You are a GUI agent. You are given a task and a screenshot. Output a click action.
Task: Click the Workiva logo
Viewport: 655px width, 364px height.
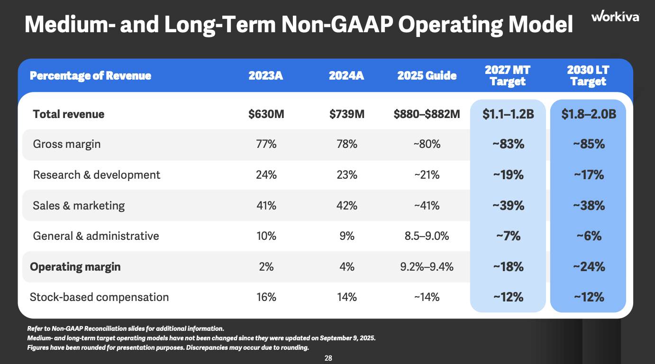tap(615, 17)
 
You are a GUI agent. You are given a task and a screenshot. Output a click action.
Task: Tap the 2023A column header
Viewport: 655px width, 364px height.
tap(266, 76)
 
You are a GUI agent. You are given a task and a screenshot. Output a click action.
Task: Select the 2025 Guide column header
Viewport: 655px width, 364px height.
tap(427, 76)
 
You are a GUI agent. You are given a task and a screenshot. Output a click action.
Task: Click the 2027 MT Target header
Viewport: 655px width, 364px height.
tap(508, 76)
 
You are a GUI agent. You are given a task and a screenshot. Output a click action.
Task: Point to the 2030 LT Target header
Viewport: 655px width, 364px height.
tap(588, 76)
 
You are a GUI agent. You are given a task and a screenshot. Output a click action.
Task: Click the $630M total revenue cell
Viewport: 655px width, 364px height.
tap(266, 114)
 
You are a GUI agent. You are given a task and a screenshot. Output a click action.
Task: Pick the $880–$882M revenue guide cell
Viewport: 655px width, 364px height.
tap(427, 114)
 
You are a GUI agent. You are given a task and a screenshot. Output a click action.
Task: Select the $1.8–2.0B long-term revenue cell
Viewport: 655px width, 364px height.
tap(589, 114)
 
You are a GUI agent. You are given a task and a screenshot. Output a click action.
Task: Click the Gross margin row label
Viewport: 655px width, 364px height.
tap(67, 144)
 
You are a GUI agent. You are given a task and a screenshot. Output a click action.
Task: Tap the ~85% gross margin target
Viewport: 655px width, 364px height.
tap(589, 144)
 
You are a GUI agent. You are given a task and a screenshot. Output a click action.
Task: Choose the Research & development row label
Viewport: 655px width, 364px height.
tap(97, 175)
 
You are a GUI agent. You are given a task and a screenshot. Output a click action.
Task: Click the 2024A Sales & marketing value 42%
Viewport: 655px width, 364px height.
tap(346, 206)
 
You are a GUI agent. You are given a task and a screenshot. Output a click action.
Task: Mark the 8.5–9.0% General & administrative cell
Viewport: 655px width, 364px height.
tap(427, 236)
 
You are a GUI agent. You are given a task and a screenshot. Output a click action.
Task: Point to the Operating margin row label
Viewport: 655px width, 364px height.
tap(75, 267)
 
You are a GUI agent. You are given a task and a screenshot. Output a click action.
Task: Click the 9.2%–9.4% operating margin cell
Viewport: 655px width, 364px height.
tap(427, 267)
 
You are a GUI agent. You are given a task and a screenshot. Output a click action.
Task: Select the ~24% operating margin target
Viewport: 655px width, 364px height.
tap(589, 267)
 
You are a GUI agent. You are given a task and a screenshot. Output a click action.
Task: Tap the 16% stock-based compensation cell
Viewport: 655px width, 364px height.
tap(266, 297)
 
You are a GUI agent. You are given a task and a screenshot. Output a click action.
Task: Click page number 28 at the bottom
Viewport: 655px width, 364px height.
tap(328, 358)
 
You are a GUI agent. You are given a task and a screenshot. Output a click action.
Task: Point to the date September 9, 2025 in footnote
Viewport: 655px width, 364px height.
tap(347, 338)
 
